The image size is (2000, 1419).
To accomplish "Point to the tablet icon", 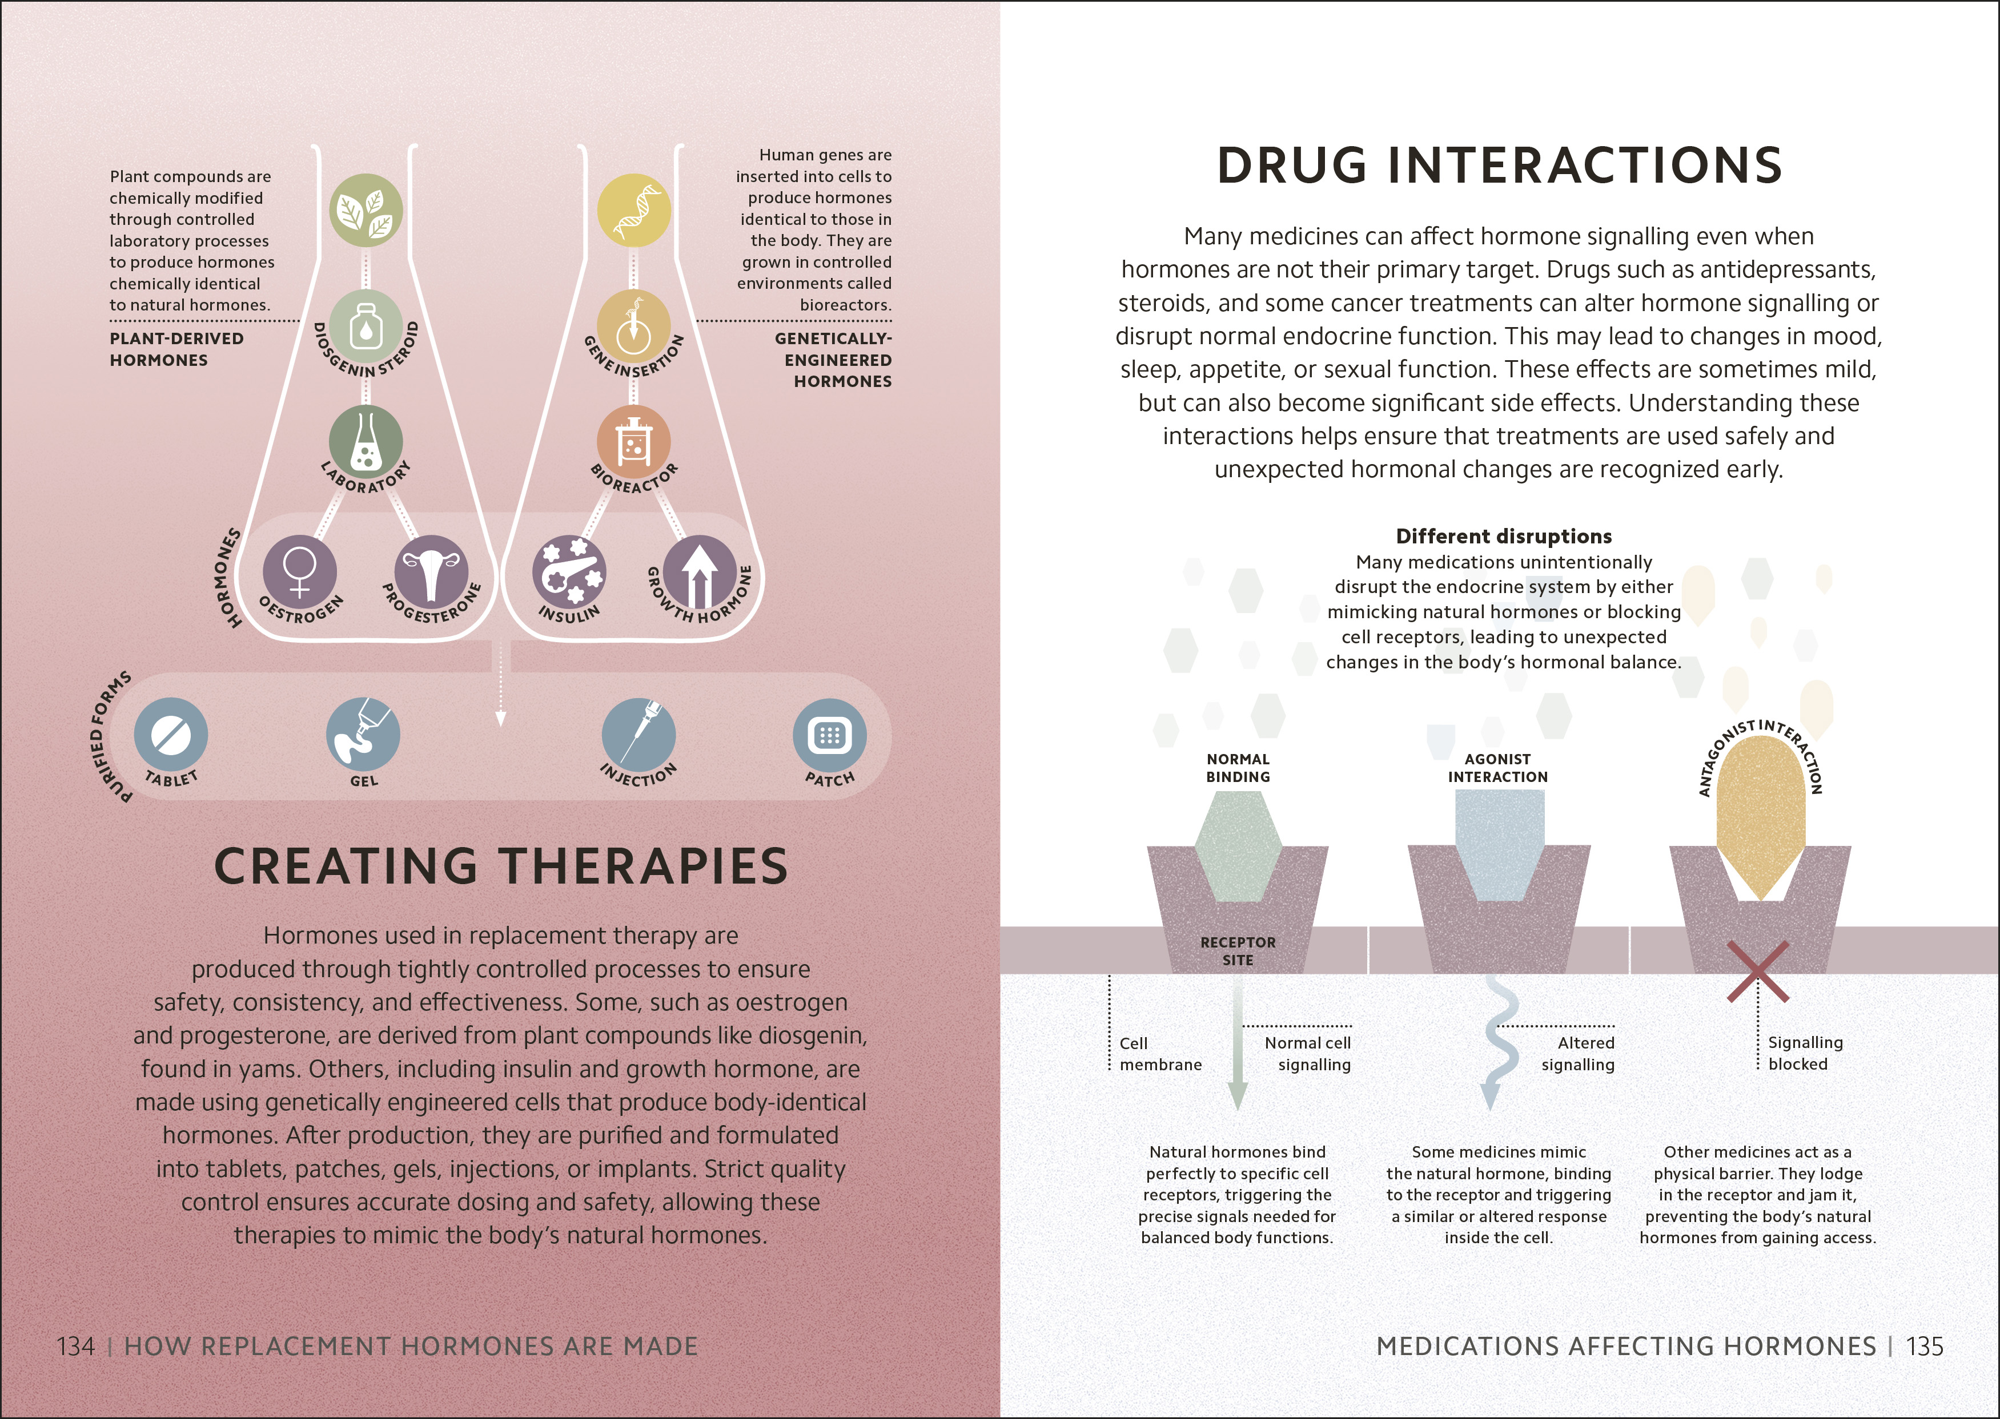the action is click(x=171, y=735).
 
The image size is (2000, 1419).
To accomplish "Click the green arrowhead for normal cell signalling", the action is click(x=1238, y=1095).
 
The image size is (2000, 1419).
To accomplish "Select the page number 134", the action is click(x=76, y=1347).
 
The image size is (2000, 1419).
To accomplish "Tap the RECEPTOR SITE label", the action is click(x=1238, y=950).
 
